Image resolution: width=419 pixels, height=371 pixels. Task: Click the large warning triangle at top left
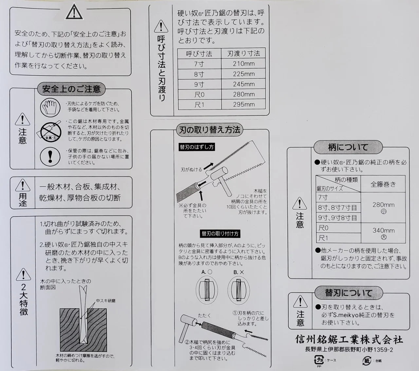tap(74, 13)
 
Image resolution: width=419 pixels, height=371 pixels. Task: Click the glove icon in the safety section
tap(50, 106)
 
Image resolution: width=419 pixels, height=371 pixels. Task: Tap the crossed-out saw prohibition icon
tap(50, 131)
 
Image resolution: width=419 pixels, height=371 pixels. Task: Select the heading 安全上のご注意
tap(71, 89)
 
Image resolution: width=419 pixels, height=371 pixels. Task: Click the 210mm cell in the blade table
tap(244, 63)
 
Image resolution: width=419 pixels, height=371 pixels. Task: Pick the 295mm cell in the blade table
tap(244, 104)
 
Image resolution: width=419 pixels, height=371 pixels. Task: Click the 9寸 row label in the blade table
tap(199, 84)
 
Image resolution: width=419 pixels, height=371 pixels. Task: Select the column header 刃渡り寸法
tap(244, 53)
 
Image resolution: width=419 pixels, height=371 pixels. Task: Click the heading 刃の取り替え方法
tap(209, 130)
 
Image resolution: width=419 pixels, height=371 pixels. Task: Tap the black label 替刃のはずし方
tap(197, 147)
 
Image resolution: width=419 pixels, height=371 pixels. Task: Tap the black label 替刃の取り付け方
tap(220, 234)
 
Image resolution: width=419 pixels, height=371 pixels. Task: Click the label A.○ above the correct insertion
tap(207, 272)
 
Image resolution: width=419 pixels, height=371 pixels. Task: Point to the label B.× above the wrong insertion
tap(239, 272)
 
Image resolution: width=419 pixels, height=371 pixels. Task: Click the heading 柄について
tap(348, 147)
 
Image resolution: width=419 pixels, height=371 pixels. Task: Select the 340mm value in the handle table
tap(383, 230)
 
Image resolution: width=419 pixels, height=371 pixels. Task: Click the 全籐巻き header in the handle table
tap(383, 184)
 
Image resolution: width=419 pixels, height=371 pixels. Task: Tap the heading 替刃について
tap(348, 292)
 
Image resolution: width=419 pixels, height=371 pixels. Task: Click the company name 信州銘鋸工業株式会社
tap(349, 340)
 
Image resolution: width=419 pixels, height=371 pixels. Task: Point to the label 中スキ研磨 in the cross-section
tap(105, 300)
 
